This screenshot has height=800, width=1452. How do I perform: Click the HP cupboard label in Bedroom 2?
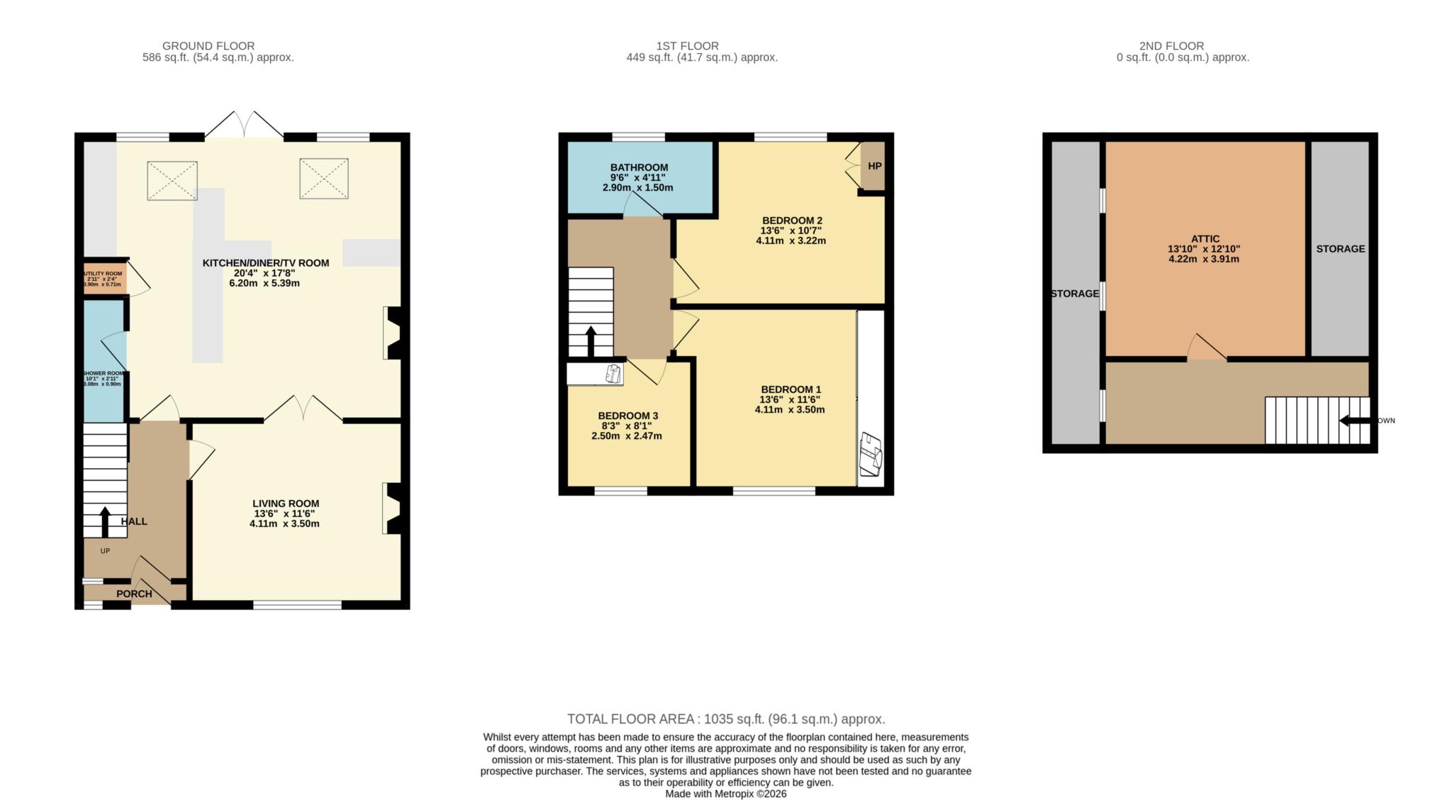pos(874,166)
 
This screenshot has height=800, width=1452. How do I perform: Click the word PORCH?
pos(134,594)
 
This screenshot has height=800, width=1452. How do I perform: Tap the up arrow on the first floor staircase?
pos(590,341)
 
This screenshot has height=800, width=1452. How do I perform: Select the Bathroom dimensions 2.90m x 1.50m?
pos(637,188)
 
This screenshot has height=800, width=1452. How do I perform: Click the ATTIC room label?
pos(1205,239)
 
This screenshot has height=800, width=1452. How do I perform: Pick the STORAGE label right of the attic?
pos(1340,249)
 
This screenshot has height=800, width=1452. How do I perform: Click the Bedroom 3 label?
pos(627,416)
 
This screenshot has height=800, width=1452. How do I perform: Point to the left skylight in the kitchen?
pos(172,180)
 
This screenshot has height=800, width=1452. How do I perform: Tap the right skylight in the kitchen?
pos(324,178)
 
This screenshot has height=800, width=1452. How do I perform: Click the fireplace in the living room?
pos(392,509)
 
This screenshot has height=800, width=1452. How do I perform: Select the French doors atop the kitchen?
pos(244,125)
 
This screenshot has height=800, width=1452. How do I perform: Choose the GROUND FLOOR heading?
pos(208,46)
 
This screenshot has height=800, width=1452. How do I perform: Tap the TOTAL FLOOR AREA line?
pos(726,719)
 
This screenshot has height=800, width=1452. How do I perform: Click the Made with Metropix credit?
pos(725,794)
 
